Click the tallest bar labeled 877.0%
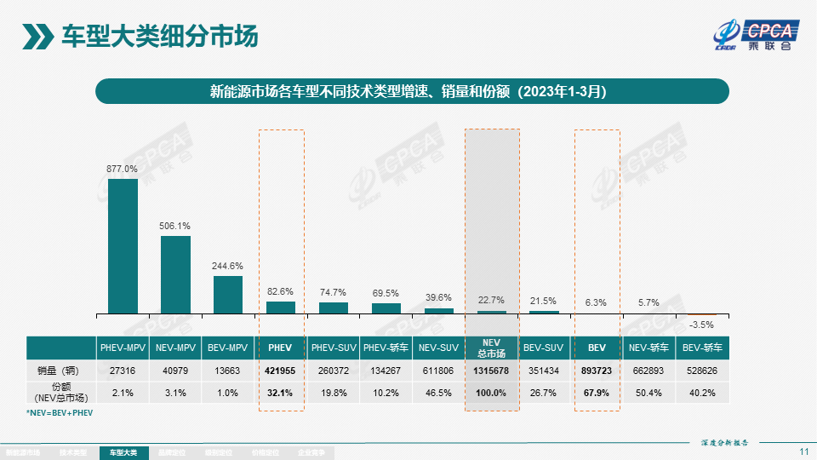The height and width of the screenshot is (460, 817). click(x=123, y=245)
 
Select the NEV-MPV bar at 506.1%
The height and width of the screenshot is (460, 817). click(x=175, y=274)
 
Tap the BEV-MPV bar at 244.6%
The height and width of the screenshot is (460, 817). click(x=228, y=294)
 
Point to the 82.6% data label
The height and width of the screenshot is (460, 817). click(x=281, y=291)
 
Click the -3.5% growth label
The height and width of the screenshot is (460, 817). click(x=701, y=325)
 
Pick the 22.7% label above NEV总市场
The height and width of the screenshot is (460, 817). click(x=492, y=300)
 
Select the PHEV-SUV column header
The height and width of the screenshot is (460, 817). click(x=334, y=348)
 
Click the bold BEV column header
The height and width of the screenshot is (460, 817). click(x=597, y=348)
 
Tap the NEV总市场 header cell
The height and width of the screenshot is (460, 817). click(x=492, y=348)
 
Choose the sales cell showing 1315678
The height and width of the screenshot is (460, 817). click(x=492, y=371)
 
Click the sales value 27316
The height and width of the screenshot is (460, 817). click(x=123, y=371)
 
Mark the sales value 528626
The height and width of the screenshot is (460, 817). click(x=701, y=371)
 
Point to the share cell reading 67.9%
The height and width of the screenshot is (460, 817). click(x=597, y=392)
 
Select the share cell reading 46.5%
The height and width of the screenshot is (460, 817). click(x=439, y=392)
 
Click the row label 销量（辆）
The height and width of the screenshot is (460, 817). click(x=60, y=371)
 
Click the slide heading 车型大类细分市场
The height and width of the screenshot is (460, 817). click(x=159, y=37)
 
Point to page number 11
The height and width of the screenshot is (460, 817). click(x=804, y=451)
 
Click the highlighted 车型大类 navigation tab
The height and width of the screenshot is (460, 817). click(x=123, y=453)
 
